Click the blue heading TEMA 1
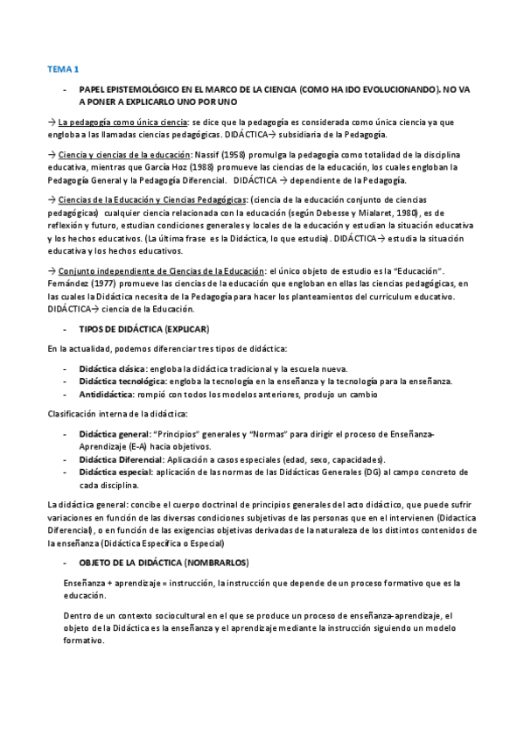pyautogui.click(x=62, y=67)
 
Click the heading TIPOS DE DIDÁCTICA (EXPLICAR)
pyautogui.click(x=144, y=328)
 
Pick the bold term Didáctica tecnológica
pyautogui.click(x=121, y=381)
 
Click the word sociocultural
pyautogui.click(x=182, y=615)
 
